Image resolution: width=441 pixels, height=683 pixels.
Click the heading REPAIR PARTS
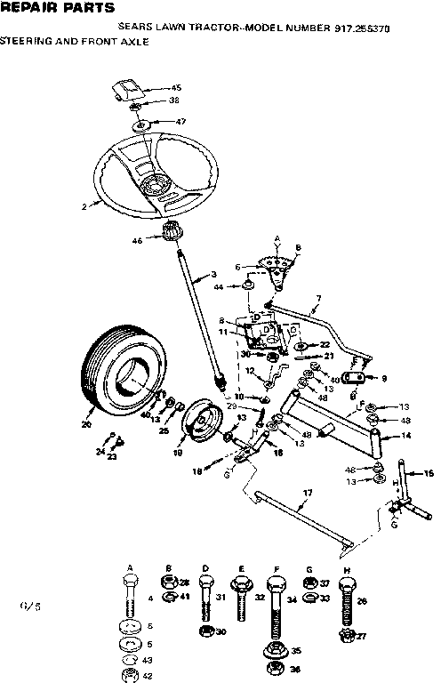(x=58, y=8)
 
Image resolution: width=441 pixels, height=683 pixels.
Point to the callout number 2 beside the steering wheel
(x=84, y=206)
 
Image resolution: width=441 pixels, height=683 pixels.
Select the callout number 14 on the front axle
(x=407, y=436)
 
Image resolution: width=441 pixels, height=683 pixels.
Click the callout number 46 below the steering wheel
(x=138, y=240)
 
